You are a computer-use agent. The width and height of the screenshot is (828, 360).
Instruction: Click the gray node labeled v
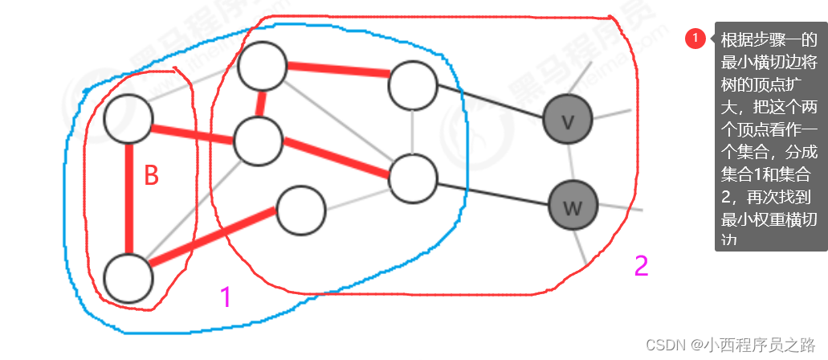[567, 121]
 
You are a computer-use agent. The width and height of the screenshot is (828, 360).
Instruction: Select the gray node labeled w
[573, 207]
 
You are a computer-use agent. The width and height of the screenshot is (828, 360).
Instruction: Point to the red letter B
[151, 176]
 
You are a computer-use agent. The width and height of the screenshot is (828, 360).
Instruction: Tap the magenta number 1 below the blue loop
[226, 298]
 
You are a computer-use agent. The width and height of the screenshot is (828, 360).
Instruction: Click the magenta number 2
[641, 265]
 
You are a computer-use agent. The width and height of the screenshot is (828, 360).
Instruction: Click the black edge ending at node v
[491, 100]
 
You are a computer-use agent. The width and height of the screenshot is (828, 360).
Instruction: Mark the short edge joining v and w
[569, 163]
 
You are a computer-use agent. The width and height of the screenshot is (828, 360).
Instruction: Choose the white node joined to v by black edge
[413, 84]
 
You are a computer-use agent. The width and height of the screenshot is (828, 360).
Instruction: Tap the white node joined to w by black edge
[413, 178]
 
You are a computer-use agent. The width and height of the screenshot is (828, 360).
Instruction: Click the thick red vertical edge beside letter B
[128, 198]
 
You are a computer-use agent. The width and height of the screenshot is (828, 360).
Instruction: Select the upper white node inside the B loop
[128, 118]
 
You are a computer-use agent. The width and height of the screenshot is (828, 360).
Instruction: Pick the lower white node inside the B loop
[128, 277]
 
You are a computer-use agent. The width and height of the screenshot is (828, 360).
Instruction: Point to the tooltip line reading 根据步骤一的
[769, 40]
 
